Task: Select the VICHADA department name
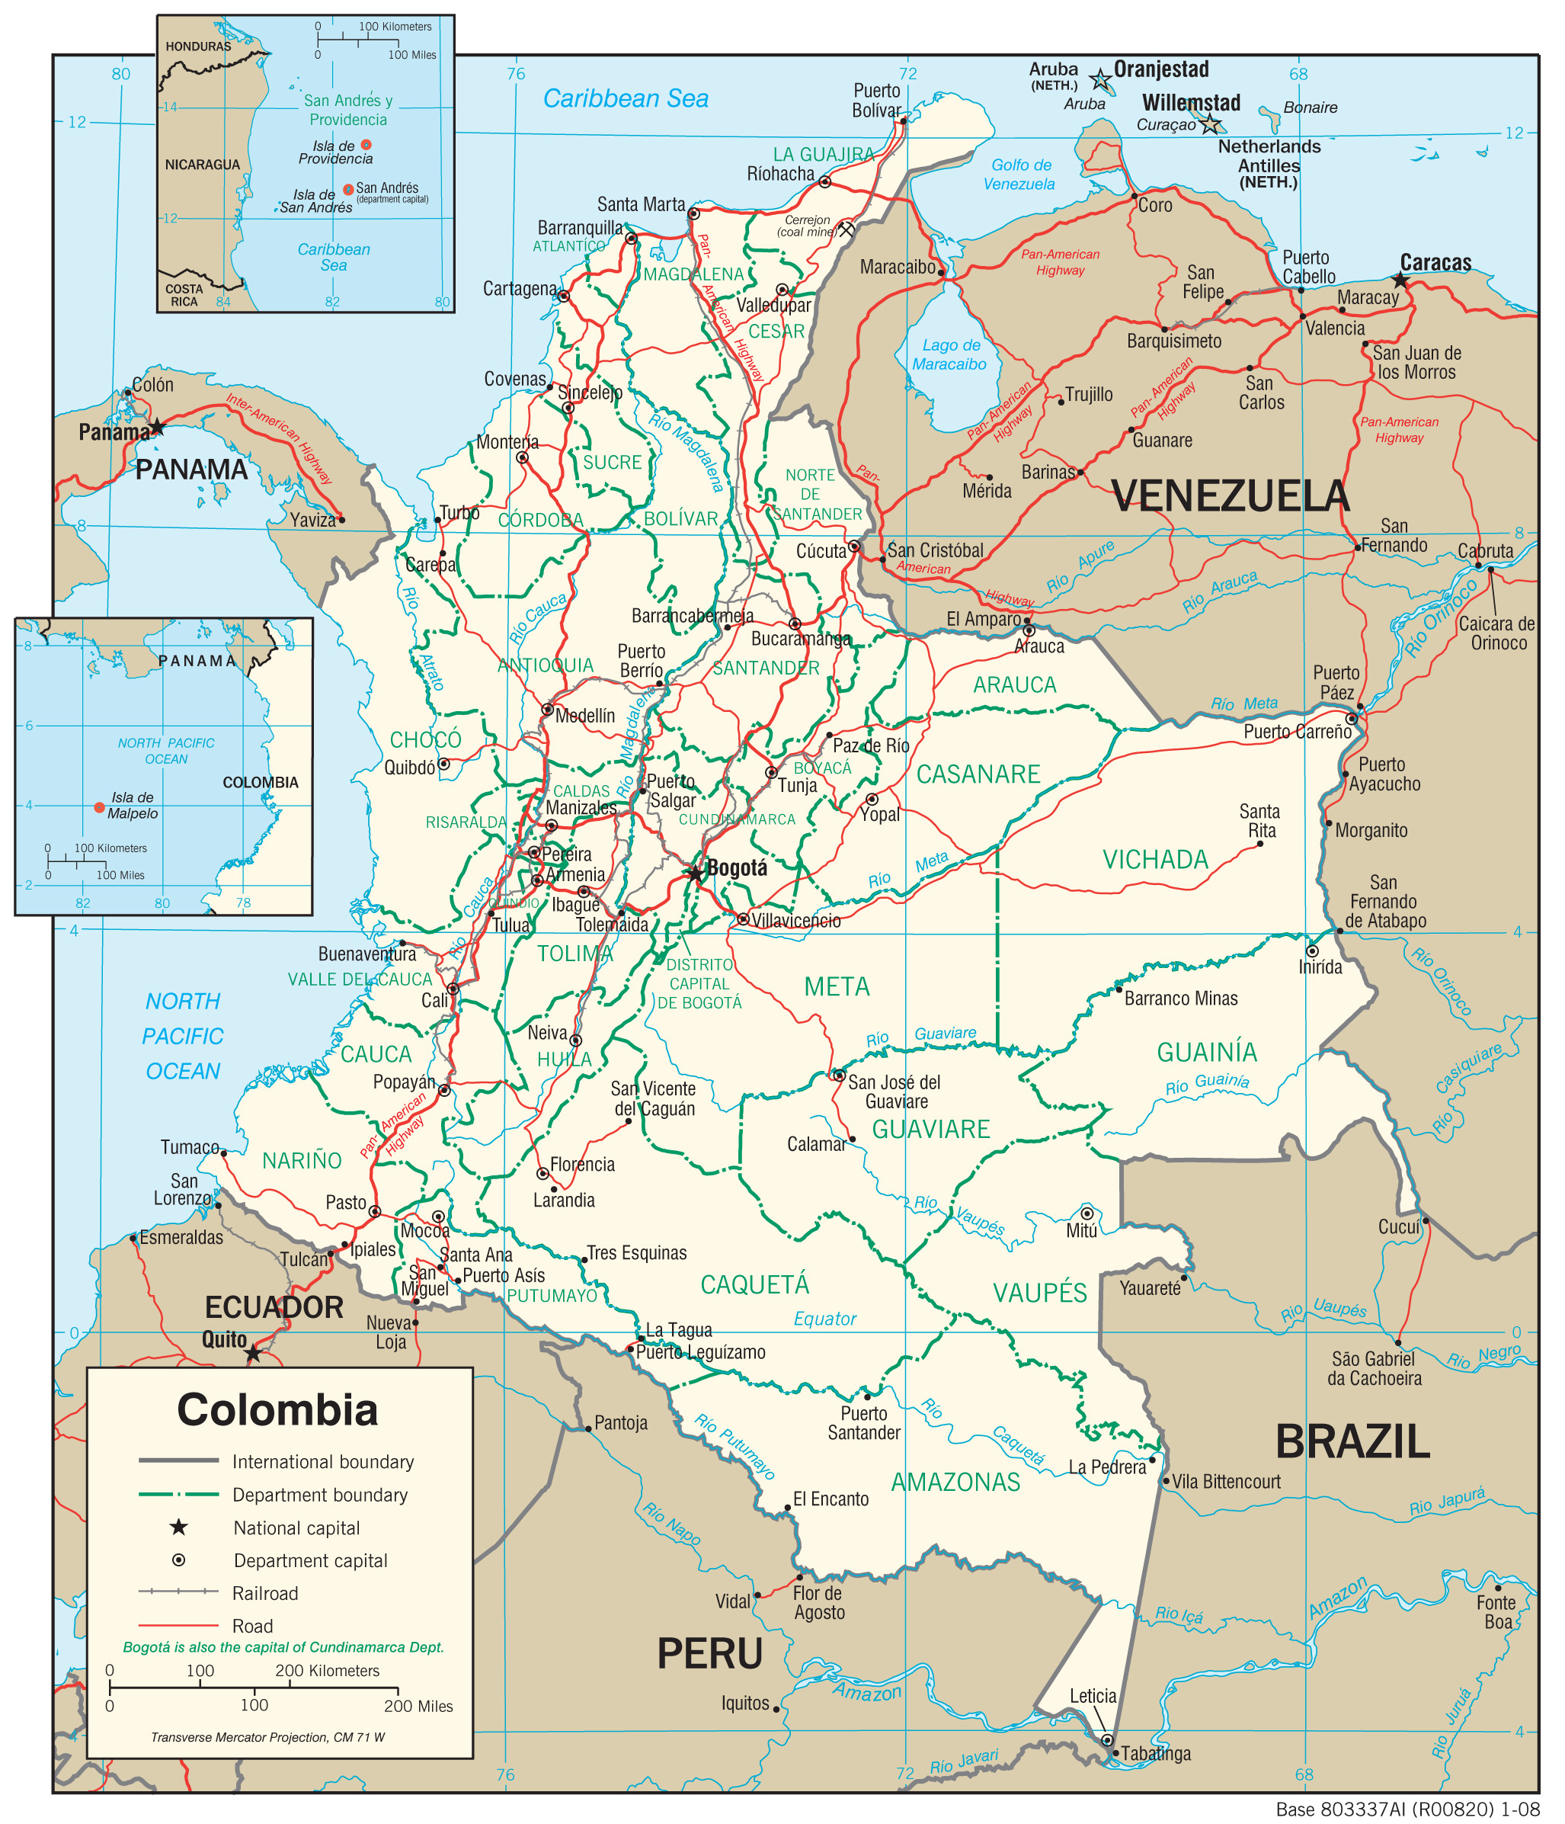tap(1155, 859)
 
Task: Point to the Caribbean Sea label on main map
tap(625, 98)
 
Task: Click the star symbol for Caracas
tap(1400, 280)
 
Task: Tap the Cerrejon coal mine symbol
tap(846, 229)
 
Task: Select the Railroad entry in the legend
tap(264, 1593)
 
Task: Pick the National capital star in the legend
tap(179, 1527)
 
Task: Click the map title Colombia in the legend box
tap(277, 1409)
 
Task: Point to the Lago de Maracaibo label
tap(949, 354)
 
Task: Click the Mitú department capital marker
tap(1087, 1213)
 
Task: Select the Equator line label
tap(824, 1319)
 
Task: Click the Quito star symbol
tap(254, 1353)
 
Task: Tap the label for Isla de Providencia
tap(334, 152)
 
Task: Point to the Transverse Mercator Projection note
tap(267, 1737)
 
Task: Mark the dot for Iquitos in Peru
tap(776, 1708)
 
